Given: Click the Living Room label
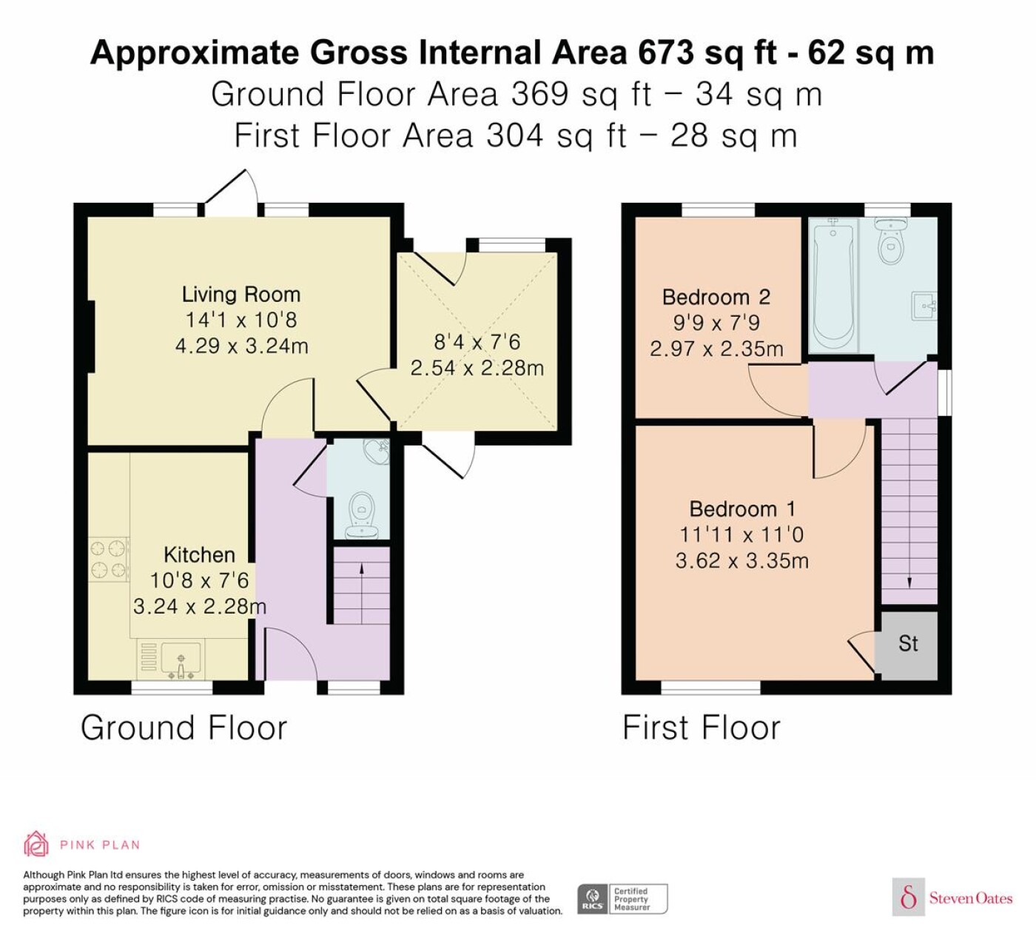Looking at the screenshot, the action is click(241, 295).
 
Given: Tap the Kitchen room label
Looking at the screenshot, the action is click(199, 555).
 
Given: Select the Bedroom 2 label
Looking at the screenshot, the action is click(716, 297).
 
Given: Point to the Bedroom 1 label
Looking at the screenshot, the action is click(742, 509).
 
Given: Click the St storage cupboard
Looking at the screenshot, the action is click(909, 645).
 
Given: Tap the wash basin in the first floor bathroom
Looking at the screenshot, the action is click(924, 306).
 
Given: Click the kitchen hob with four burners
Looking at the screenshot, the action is click(109, 559).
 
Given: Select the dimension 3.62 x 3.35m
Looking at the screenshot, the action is click(742, 561).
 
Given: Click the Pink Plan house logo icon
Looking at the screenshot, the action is click(36, 845).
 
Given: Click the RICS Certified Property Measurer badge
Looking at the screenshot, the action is click(622, 899).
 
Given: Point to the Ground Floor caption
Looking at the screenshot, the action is click(184, 728).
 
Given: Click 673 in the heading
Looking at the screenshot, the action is click(666, 53).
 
